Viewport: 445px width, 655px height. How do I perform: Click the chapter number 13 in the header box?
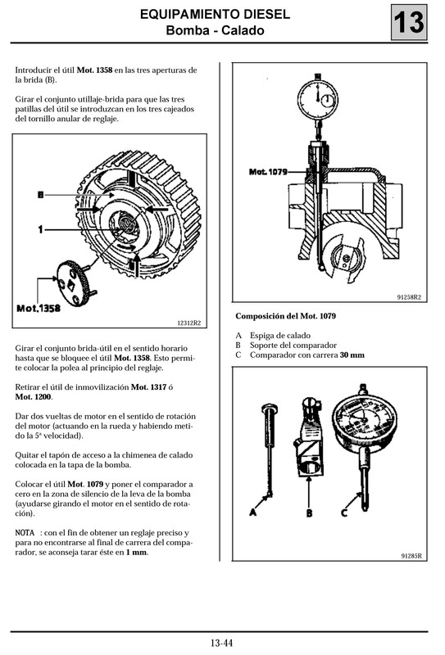(x=407, y=24)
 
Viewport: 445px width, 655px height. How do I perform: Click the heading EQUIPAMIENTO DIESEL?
(x=214, y=15)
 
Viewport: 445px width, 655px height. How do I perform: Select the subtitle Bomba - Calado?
(x=215, y=31)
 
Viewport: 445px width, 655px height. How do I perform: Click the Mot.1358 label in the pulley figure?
(x=39, y=308)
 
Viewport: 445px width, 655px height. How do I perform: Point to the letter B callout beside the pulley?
(x=39, y=194)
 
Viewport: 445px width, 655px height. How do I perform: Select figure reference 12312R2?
(x=190, y=323)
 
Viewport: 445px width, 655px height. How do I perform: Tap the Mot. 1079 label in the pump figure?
(x=268, y=171)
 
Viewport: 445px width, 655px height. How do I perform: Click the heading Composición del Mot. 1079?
(x=285, y=316)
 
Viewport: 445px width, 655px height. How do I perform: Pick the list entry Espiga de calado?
(x=279, y=336)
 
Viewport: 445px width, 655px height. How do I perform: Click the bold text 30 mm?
(x=352, y=355)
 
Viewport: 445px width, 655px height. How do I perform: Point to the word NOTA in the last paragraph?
(x=25, y=532)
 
